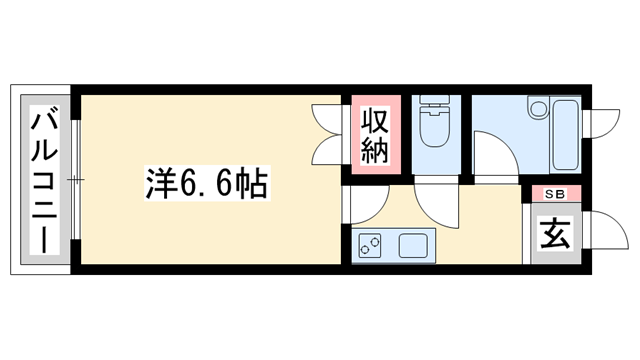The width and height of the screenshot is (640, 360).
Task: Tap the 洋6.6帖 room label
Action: click(x=207, y=182)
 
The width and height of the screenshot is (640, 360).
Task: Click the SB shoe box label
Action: click(x=550, y=194)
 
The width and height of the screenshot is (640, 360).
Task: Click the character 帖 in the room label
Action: click(x=252, y=183)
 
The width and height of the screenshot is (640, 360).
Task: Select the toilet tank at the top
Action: click(x=433, y=104)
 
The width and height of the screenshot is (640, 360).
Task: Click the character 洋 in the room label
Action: click(x=158, y=183)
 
